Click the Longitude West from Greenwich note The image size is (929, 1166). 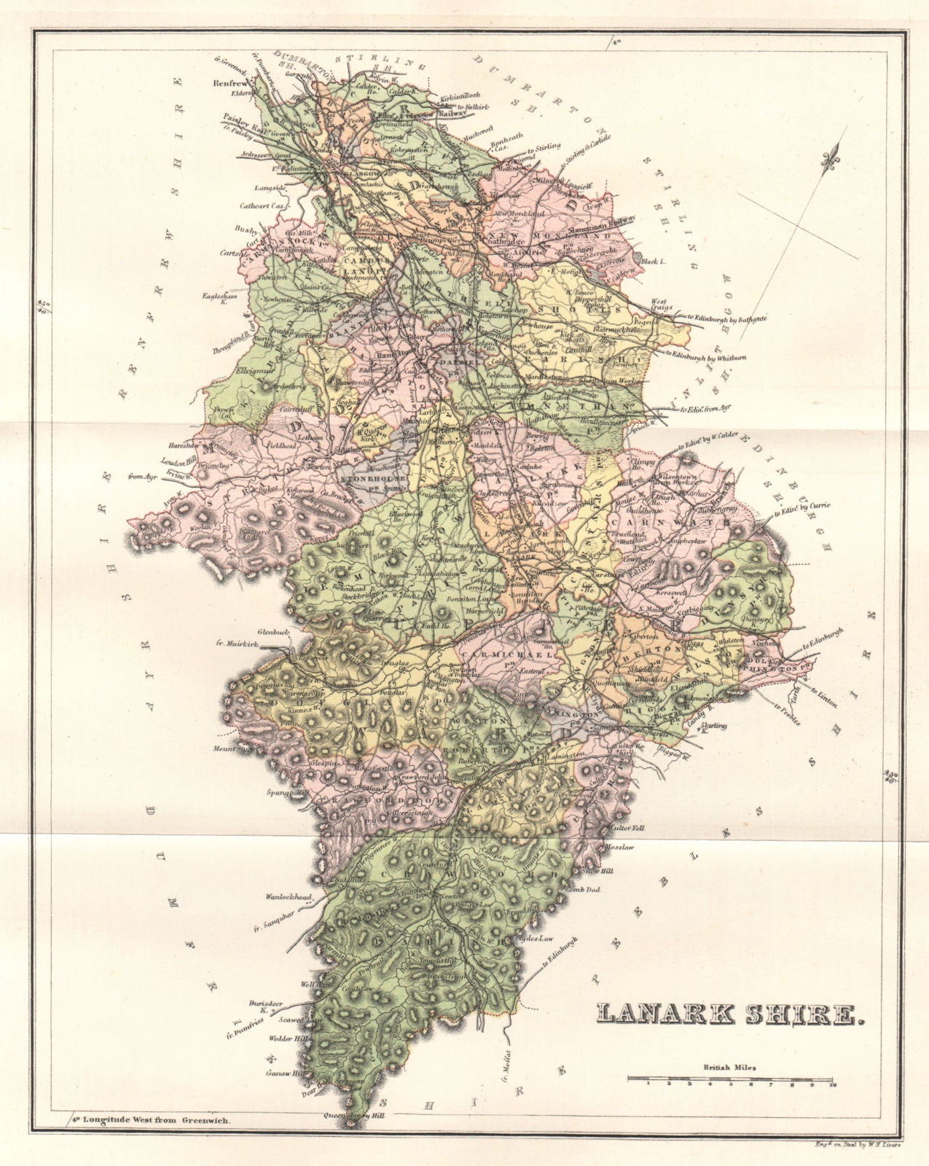(x=151, y=1121)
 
